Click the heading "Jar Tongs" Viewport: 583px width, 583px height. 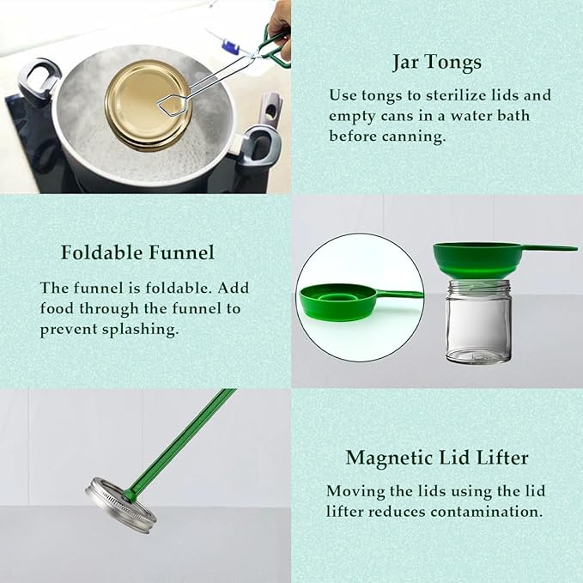[437, 62]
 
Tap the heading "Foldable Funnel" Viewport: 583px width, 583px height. [137, 252]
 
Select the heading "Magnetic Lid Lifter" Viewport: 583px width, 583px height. [437, 458]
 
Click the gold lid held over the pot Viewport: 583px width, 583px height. [148, 106]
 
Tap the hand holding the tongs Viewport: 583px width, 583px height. [279, 26]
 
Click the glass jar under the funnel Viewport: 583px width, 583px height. [478, 322]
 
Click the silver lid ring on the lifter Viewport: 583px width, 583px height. [121, 506]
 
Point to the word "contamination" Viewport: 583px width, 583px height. [487, 512]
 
